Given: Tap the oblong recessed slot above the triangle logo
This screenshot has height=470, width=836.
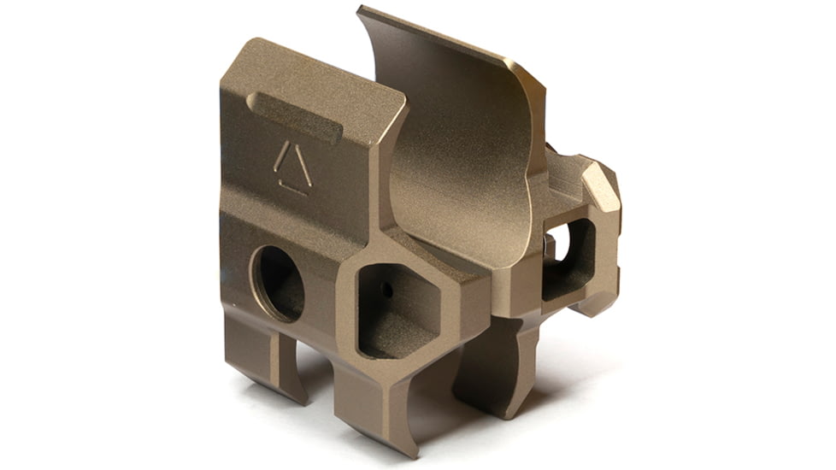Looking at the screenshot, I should coord(294,117).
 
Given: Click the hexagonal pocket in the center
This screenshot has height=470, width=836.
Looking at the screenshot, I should coord(395,308).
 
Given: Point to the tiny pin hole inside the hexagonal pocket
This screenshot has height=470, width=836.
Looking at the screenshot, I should coord(386,291).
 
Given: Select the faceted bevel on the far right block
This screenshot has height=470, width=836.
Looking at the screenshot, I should coord(603,188).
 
